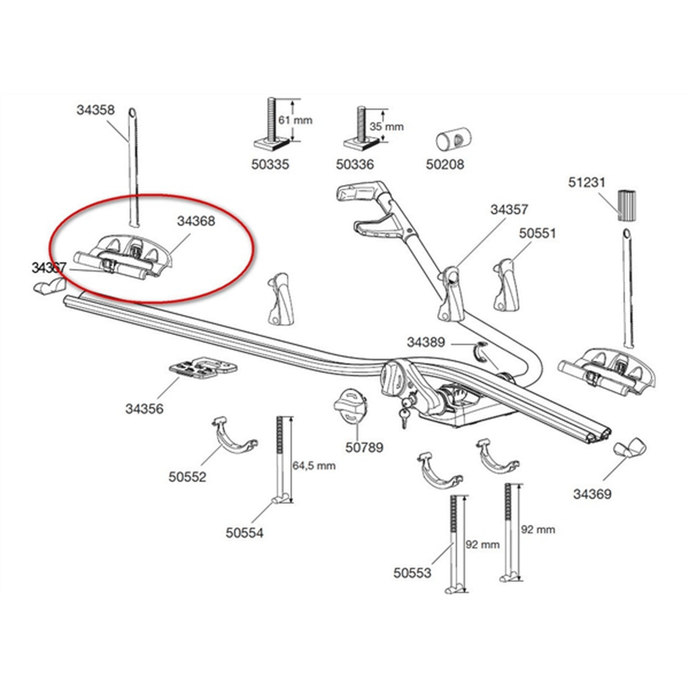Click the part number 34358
coord(95,110)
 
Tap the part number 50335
coord(270,165)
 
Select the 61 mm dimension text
coord(295,121)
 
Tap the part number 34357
coord(509,210)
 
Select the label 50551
coord(537,233)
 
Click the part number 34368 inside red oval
coord(196,221)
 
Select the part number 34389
coord(425,342)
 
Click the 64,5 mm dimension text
coord(314,466)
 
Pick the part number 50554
coord(245,533)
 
